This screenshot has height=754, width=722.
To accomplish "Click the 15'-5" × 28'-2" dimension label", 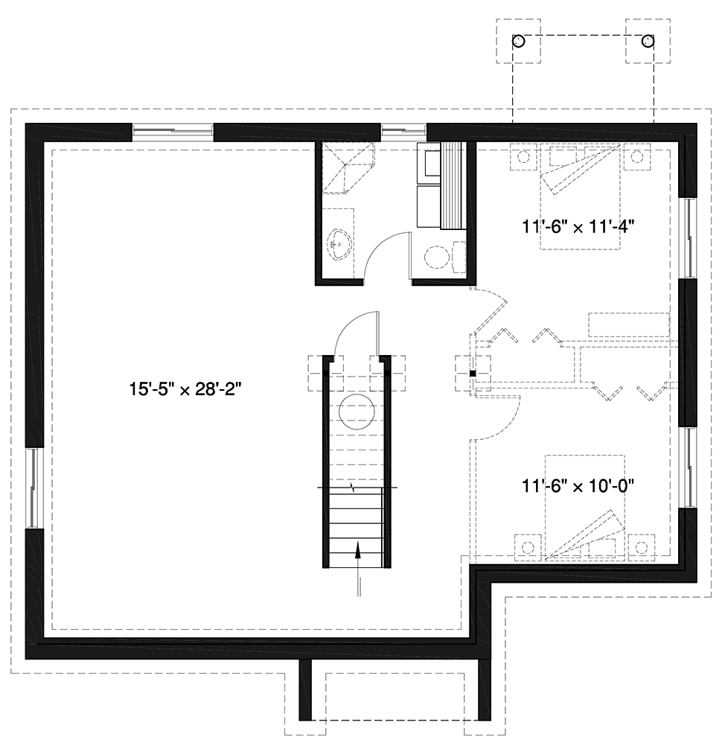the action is [185, 389].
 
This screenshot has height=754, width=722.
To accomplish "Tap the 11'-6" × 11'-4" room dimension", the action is [578, 226].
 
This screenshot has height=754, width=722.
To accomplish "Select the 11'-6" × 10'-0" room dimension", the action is [578, 486].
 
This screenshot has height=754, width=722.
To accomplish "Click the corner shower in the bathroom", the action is [348, 167].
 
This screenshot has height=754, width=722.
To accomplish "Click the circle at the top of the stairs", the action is [357, 412].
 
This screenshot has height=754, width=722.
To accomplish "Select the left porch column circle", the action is [518, 42].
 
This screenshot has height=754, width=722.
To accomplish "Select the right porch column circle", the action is [648, 42].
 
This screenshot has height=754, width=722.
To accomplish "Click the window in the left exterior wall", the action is [33, 488].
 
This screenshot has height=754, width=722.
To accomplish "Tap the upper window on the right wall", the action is [689, 237].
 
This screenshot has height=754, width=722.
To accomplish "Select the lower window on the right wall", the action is [689, 467].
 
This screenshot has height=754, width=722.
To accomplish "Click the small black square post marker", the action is [473, 373].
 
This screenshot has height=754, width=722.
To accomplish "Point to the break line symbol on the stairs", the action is [355, 488].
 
